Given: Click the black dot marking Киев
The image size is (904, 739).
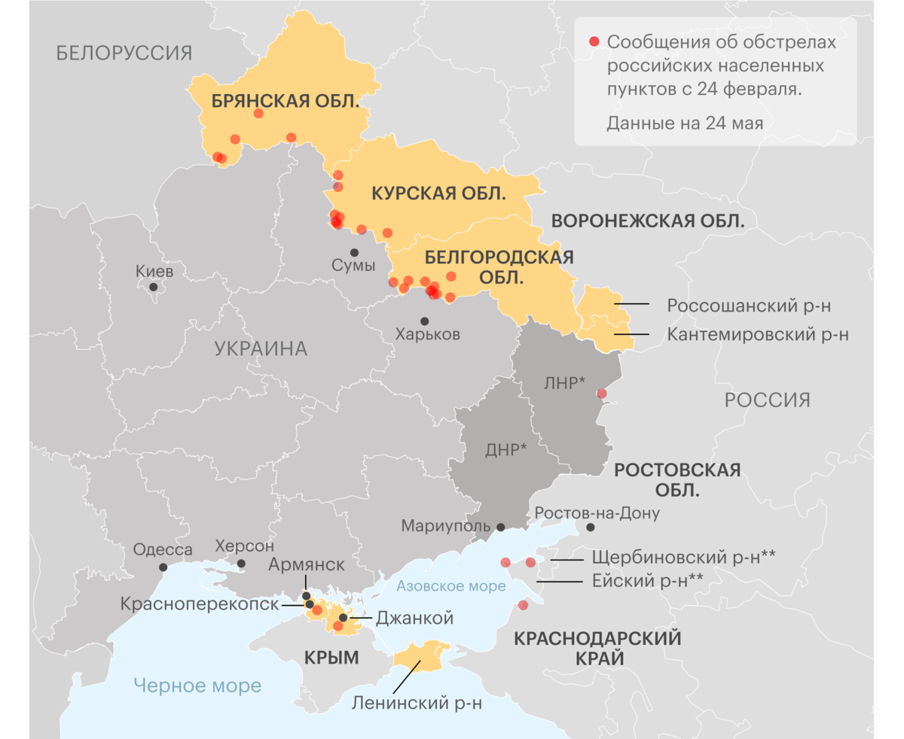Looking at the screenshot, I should pyautogui.click(x=154, y=287).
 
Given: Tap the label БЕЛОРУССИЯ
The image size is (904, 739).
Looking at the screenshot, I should pyautogui.click(x=124, y=53).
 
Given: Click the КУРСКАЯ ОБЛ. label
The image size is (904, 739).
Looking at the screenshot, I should pyautogui.click(x=439, y=193).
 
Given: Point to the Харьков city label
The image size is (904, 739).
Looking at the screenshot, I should pyautogui.click(x=427, y=335).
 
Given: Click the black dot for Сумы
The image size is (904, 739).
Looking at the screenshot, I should pyautogui.click(x=353, y=252).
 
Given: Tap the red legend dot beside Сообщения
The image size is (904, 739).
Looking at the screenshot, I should pyautogui.click(x=594, y=41).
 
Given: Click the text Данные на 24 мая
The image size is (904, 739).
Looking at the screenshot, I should pyautogui.click(x=685, y=123).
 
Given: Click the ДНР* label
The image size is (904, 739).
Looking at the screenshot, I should pyautogui.click(x=505, y=450).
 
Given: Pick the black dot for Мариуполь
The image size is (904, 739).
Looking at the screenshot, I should pyautogui.click(x=500, y=528).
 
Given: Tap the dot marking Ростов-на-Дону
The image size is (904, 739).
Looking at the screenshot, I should pyautogui.click(x=591, y=528).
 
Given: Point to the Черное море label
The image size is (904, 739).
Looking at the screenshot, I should pyautogui.click(x=197, y=686).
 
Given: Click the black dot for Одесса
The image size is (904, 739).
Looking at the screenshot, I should pyautogui.click(x=163, y=567).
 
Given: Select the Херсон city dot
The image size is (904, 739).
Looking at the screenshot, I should pyautogui.click(x=241, y=563).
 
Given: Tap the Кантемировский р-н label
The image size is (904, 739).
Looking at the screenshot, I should pyautogui.click(x=758, y=334).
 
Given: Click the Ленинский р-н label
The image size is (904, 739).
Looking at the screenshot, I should pyautogui.click(x=416, y=703).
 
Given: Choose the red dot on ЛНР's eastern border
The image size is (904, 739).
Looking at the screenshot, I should pyautogui.click(x=601, y=393).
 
